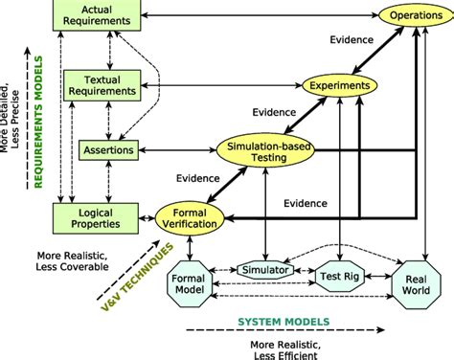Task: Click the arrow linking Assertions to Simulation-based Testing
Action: [x=178, y=149]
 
